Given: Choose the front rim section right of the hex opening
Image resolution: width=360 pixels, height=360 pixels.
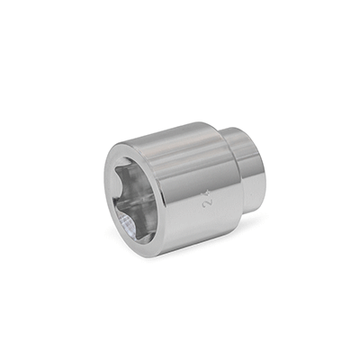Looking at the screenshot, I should [x=162, y=216].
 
